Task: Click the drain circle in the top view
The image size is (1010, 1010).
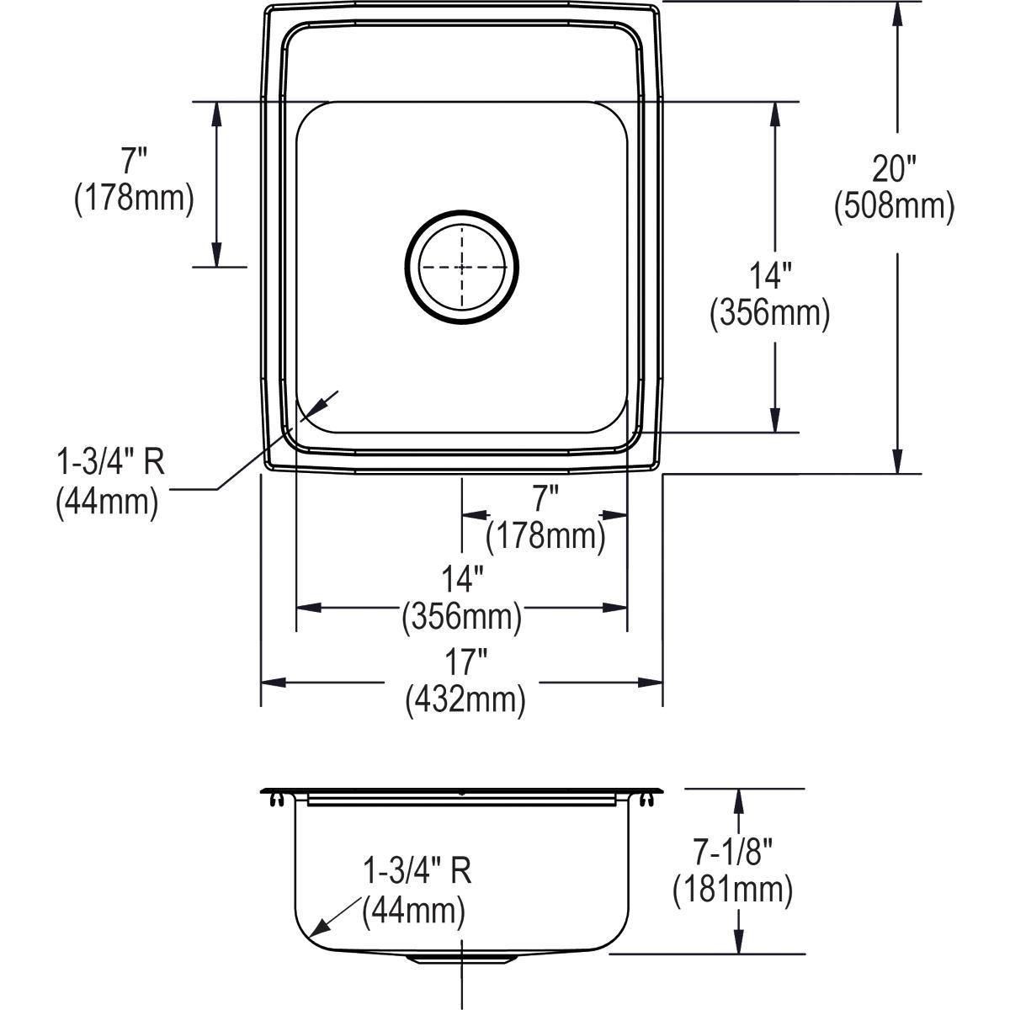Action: pos(461,266)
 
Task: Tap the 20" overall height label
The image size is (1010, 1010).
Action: pos(894,170)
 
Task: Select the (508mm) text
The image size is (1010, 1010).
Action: pos(894,207)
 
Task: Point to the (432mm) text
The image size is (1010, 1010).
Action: pos(465,699)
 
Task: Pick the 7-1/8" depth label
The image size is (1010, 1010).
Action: pos(733,853)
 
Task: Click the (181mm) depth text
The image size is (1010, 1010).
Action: pos(733,890)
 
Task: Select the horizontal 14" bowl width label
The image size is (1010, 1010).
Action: pos(462,580)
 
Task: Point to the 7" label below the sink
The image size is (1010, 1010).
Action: pos(545,499)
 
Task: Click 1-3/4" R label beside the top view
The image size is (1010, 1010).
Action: pos(109,464)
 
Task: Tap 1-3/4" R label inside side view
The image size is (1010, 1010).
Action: pos(416,871)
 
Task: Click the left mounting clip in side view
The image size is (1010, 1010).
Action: pos(275,801)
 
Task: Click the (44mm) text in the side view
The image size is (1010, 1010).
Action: pos(414,910)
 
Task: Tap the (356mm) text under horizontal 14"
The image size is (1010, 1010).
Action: pos(462,618)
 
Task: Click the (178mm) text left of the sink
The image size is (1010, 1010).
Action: pos(134,199)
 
